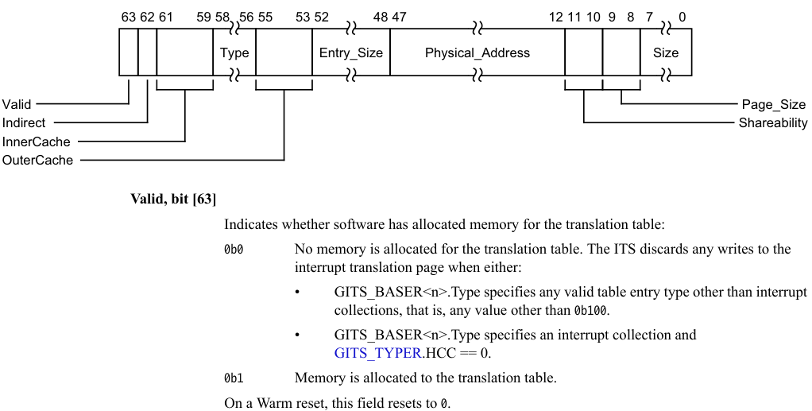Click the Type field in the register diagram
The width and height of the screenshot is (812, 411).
[234, 53]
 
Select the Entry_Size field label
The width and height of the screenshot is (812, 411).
[350, 53]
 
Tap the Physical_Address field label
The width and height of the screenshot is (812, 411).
[477, 53]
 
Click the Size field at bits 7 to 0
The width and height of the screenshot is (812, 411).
[666, 53]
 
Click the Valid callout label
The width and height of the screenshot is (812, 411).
[17, 104]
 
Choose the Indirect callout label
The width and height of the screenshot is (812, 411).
[24, 123]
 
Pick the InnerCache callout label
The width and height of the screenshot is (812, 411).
[36, 142]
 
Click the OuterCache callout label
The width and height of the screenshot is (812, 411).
[37, 160]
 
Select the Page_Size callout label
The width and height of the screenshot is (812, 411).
[773, 104]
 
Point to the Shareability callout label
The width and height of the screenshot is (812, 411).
[772, 123]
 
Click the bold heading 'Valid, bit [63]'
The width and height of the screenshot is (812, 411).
[173, 199]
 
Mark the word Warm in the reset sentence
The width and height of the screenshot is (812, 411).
[272, 403]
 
